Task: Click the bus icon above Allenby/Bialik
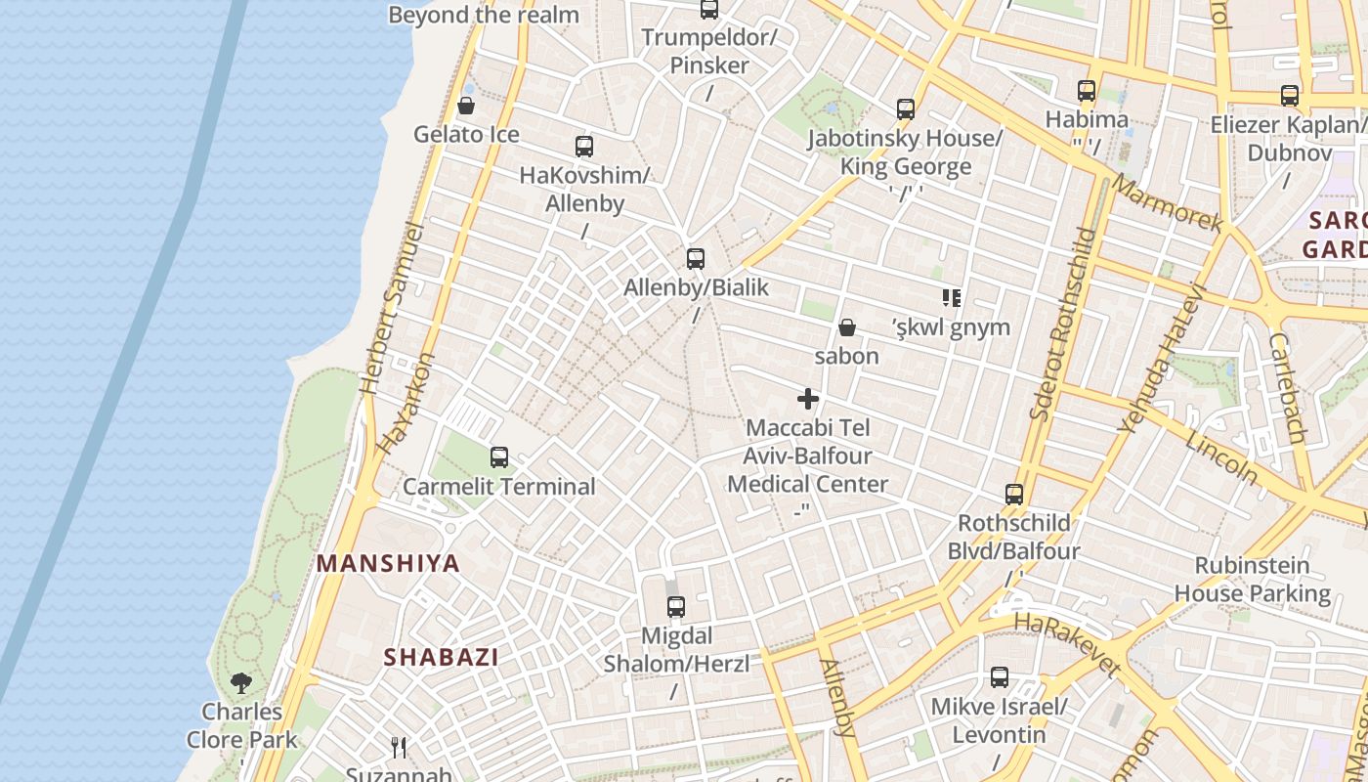695,259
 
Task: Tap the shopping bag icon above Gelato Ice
466,106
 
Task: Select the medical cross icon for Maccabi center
808,399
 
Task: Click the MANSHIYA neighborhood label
388,563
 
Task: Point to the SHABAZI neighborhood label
441,657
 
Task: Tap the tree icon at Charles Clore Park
241,682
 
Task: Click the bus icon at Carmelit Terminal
499,456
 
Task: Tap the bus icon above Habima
1087,91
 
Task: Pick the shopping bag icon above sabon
847,327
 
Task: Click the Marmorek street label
1167,204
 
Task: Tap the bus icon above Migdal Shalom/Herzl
675,607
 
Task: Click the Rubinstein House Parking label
1252,579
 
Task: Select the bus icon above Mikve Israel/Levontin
1000,677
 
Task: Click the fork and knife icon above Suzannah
399,748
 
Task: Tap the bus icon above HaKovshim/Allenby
584,147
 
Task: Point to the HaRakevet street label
1066,644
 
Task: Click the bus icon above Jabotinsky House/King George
906,109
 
